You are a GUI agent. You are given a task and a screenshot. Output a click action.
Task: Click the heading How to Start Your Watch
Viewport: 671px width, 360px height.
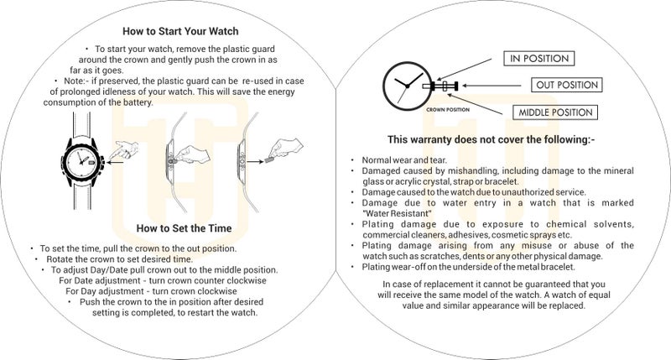pos(180,31)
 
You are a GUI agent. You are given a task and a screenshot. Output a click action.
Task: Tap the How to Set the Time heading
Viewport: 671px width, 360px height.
pos(184,228)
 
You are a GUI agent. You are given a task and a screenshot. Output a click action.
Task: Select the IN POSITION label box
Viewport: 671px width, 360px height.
pos(539,59)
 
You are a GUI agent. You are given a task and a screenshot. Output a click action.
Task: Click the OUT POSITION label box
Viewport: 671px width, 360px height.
pos(567,85)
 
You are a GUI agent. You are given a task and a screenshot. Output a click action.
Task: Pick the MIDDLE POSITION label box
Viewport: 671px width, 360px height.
pos(555,112)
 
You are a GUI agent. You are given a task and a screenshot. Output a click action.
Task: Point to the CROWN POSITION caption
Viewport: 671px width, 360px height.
pos(448,110)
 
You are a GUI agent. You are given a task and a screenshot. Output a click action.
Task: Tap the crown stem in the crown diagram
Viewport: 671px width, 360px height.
pos(441,86)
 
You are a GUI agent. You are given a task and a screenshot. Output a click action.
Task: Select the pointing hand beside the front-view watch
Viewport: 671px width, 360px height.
pos(124,150)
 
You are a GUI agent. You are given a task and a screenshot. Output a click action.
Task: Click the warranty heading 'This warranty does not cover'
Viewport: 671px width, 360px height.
pos(492,139)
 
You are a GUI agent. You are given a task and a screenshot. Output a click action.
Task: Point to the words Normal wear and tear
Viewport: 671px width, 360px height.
pos(404,160)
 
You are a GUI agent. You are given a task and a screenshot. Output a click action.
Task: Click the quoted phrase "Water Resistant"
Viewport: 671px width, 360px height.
pos(397,213)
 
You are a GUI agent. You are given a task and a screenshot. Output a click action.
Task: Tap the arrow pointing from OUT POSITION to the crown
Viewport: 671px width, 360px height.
pos(492,86)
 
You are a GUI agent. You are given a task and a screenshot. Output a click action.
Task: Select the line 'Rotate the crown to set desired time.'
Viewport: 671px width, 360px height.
pos(120,259)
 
